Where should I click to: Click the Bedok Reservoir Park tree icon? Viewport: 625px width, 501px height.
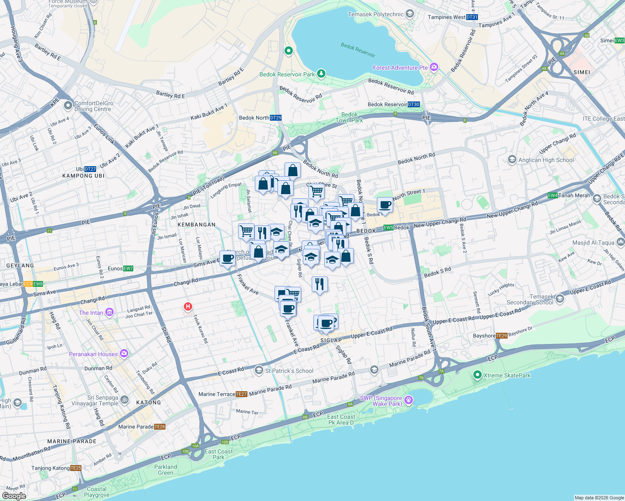click(321, 74)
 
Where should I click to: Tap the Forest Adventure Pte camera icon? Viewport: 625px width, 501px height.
click(434, 67)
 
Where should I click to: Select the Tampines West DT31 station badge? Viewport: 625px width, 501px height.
click(472, 17)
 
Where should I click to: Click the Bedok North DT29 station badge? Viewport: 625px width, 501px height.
click(276, 118)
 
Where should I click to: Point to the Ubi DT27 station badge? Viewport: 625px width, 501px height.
click(90, 169)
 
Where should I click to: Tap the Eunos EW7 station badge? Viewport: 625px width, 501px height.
click(128, 268)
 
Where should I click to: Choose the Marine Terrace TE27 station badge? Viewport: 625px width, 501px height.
click(241, 394)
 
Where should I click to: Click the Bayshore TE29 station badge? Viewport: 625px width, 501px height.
click(501, 336)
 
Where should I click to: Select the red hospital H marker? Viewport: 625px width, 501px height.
click(188, 307)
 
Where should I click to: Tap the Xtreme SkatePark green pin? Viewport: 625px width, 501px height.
click(477, 375)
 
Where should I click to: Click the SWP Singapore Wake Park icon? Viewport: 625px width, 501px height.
click(409, 400)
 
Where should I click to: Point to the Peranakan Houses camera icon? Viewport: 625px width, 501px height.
click(124, 354)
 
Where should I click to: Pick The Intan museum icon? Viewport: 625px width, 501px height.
click(109, 312)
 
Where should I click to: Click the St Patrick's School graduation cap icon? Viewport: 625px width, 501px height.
click(259, 370)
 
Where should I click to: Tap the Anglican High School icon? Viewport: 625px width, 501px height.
click(512, 159)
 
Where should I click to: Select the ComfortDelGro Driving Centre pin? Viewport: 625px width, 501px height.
click(68, 106)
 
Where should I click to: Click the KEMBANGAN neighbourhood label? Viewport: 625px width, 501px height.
click(196, 225)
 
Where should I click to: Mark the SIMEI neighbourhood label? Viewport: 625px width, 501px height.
click(582, 72)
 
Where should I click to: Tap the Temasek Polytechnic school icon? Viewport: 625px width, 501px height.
click(410, 14)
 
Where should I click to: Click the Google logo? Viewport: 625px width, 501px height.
click(14, 496)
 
